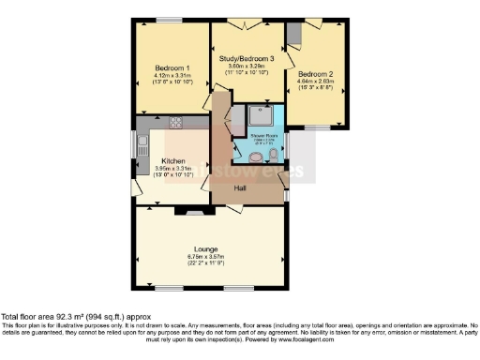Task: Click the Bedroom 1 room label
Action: [172, 68]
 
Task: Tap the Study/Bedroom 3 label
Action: [247, 58]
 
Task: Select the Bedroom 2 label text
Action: [316, 73]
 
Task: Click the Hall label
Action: [239, 188]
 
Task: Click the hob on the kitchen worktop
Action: [173, 122]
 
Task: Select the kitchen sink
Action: [142, 146]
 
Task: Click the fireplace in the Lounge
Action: [195, 213]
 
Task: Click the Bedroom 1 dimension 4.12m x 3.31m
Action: [172, 76]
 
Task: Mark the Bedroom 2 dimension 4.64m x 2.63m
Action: [316, 81]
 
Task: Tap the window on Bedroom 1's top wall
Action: [169, 20]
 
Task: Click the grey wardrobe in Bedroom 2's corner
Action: [292, 34]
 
